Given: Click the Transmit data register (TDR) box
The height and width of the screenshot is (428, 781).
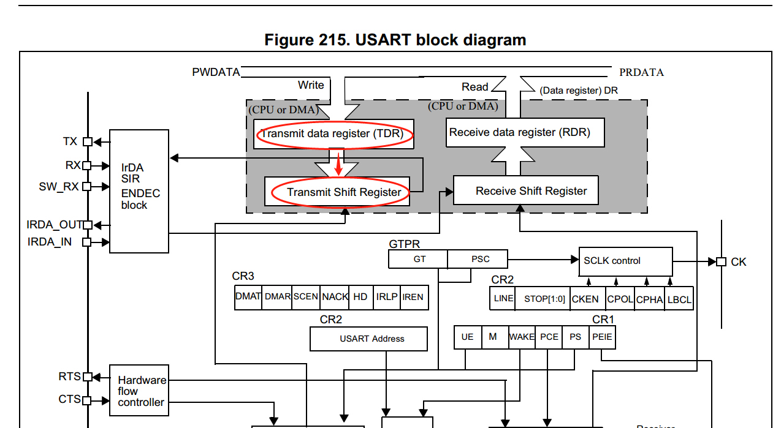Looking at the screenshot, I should point(334,133).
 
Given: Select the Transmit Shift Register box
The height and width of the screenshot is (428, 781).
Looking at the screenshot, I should point(337,192).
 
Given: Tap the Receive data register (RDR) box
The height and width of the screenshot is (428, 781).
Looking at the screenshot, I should point(519,132).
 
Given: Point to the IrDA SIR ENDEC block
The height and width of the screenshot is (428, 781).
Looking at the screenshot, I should point(139,191).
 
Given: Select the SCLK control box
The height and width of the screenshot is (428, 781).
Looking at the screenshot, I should point(625,261).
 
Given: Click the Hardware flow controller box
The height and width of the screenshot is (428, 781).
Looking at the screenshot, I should point(139,391).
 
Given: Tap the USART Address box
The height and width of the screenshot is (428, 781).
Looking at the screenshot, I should point(368,339).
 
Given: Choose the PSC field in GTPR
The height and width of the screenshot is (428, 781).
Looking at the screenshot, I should point(480,260).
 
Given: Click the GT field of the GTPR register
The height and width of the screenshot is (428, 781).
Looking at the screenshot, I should point(419,260).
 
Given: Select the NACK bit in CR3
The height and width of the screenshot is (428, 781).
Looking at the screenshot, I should point(335,297).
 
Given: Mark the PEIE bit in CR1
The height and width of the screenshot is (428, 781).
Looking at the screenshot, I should point(602,337).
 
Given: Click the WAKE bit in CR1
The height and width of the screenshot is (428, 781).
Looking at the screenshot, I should point(522,337).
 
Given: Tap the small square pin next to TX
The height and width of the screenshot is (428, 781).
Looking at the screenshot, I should point(87,142).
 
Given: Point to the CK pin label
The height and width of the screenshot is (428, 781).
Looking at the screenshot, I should point(738,262).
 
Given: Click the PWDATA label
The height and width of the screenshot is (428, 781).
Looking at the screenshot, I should point(216,72).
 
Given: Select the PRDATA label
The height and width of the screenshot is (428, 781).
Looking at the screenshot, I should point(641,72).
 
